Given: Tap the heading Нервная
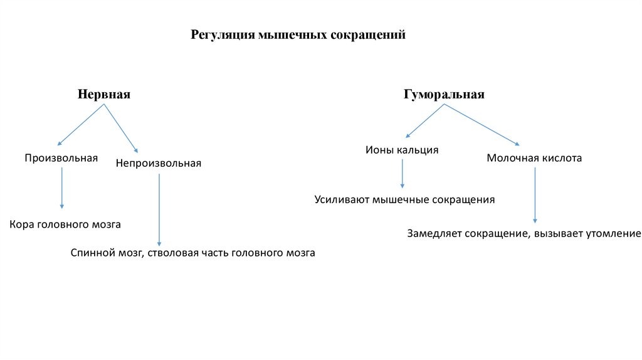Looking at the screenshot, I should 104,94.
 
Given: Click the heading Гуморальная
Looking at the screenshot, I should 445,94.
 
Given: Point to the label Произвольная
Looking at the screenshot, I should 61,158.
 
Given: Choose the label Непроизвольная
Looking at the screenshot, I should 159,163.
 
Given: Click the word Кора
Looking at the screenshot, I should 22,223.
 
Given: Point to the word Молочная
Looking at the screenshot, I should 510,158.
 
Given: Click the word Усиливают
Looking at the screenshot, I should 342,200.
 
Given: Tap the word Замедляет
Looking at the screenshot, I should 434,234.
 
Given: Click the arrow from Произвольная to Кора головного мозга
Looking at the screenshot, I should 61,188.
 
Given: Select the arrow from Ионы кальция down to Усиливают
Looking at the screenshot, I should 403,174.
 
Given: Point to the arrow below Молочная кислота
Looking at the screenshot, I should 535,194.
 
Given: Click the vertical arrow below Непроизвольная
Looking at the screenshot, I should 159,210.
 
